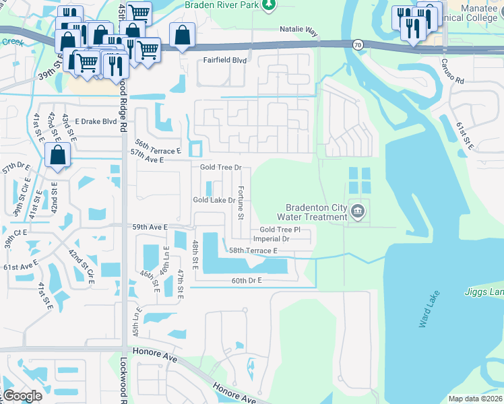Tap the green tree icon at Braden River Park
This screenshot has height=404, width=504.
pos(270,5)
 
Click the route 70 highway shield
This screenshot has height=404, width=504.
pos(356,44)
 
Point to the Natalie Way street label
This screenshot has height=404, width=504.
pos(298,30)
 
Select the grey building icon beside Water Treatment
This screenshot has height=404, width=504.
pos(358,212)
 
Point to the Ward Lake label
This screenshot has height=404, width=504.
pos(429,310)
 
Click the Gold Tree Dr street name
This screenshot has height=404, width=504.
pos(220,167)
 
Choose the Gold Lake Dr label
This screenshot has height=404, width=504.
pos(214,200)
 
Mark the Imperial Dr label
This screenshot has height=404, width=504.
pos(272,239)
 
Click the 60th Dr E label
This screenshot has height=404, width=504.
pos(246,280)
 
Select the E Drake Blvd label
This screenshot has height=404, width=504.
pos(96,122)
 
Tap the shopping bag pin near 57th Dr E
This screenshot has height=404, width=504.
pos(59,156)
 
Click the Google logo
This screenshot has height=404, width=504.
pos(22,396)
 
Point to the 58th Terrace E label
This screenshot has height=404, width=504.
pos(253,250)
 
